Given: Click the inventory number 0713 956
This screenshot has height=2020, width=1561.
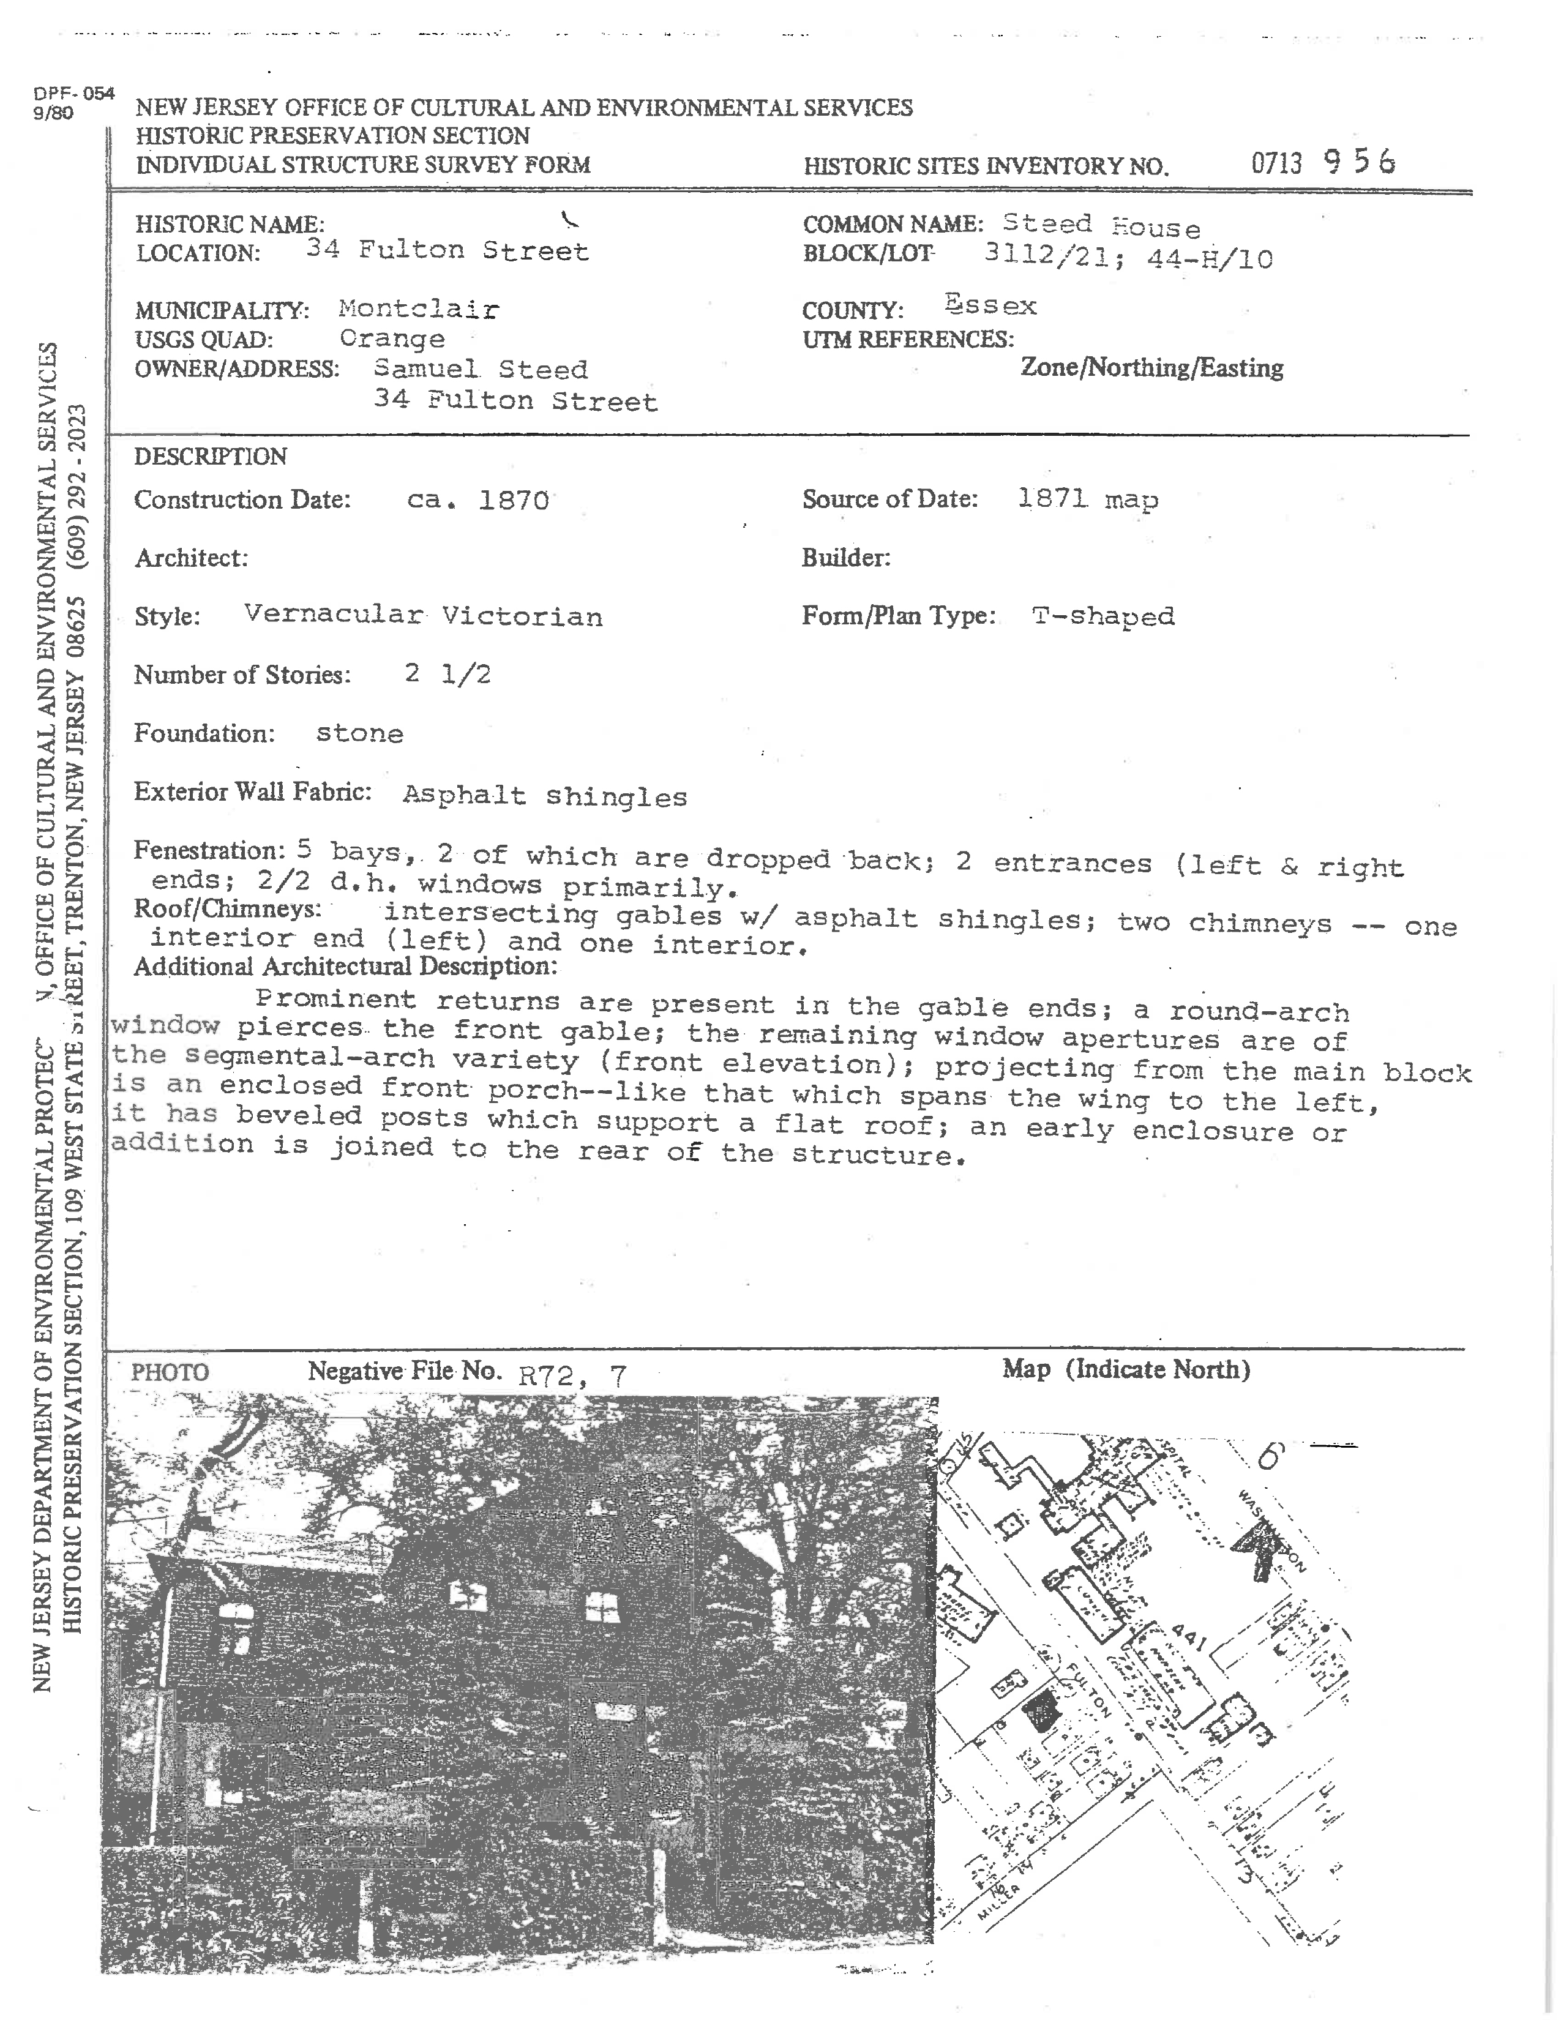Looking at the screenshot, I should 1322,163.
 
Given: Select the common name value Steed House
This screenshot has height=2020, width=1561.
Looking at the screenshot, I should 1101,225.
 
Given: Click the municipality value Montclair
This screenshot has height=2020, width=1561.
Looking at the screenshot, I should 418,309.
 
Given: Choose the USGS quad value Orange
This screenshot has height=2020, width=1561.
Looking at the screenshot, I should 392,339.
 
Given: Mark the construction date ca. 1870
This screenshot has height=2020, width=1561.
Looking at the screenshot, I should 478,500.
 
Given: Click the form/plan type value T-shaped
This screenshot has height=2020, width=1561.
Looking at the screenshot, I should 1102,615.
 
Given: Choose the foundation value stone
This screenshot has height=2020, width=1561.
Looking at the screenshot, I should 360,733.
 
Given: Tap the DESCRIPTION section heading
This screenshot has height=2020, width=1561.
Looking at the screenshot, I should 210,456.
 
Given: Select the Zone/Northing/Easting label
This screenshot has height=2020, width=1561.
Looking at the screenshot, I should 1151,368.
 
